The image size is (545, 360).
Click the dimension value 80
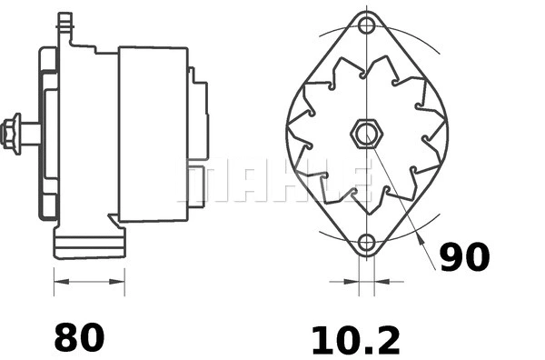tap(79, 337)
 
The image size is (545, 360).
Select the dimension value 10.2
tap(355, 340)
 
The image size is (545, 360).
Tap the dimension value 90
tap(464, 257)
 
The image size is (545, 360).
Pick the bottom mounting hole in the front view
tap(366, 243)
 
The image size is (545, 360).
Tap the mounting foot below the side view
tap(88, 243)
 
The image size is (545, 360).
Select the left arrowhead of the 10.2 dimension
tap(352, 283)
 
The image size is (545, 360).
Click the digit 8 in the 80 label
tap(66, 337)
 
